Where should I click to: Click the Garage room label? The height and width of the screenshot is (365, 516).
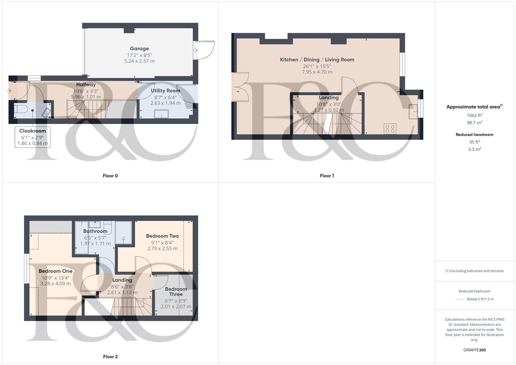click(x=139, y=49)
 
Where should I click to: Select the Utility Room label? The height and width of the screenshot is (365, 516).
click(x=165, y=91)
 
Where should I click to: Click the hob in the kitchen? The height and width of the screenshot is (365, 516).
click(x=390, y=129)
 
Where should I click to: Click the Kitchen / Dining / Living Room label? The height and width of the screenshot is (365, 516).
click(x=317, y=60)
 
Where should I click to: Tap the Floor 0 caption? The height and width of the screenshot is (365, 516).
click(x=110, y=176)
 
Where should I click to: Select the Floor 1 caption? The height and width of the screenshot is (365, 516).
click(x=327, y=176)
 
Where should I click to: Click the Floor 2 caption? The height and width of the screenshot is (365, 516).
click(x=110, y=357)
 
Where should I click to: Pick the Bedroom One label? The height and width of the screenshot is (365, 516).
click(x=55, y=271)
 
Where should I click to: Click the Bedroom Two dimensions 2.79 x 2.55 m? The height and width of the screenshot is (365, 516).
click(x=162, y=248)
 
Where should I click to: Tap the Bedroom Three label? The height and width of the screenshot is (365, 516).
click(x=176, y=292)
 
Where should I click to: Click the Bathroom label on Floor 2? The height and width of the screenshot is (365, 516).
click(x=95, y=231)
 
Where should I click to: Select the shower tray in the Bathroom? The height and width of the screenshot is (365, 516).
click(x=123, y=233)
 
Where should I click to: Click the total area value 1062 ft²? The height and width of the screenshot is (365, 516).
click(x=474, y=115)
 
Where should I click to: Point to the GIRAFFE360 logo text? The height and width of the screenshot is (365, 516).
click(x=474, y=350)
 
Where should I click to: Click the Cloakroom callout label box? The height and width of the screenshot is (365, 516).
click(x=32, y=137)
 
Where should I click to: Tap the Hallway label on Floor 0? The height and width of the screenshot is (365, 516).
click(x=86, y=84)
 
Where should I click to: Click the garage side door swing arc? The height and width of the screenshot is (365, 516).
click(x=205, y=50)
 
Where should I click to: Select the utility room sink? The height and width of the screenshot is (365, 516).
click(x=162, y=114)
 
